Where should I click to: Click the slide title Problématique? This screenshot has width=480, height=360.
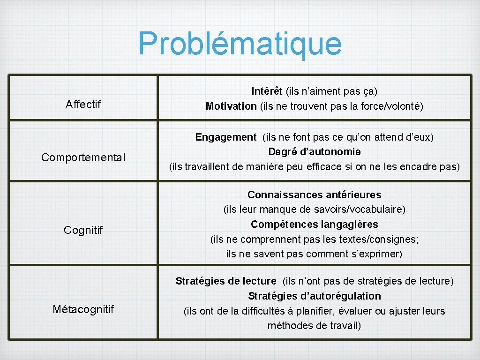[240, 44]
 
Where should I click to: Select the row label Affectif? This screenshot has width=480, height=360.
[83, 104]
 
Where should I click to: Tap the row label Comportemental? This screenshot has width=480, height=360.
[83, 157]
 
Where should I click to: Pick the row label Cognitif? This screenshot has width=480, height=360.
[83, 230]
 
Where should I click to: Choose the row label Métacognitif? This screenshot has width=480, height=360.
[83, 309]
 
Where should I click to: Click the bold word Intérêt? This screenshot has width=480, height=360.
[267, 91]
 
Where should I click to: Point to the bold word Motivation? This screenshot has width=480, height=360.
[231, 106]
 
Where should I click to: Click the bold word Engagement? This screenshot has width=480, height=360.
[226, 137]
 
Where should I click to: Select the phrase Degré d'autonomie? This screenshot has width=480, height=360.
[315, 152]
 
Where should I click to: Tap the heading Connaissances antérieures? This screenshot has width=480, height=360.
[315, 195]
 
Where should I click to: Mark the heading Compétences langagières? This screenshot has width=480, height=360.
[315, 225]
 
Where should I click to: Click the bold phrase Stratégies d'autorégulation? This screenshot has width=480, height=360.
[315, 296]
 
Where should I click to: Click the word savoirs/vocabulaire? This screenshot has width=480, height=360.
[364, 210]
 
